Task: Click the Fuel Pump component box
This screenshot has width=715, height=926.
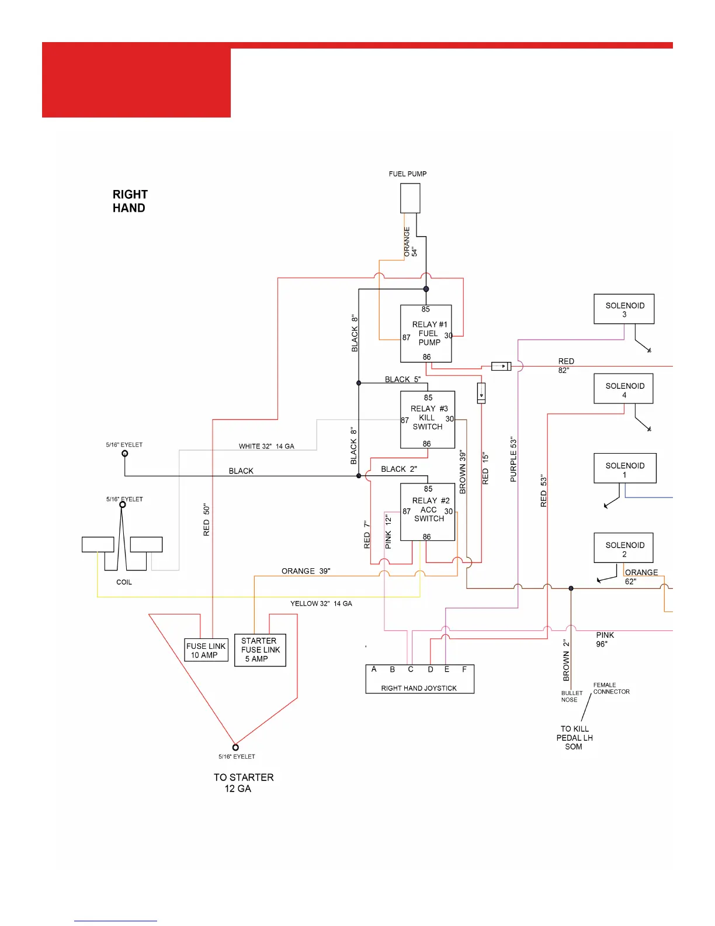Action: [410, 198]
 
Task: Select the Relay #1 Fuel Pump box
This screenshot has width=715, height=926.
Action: [426, 333]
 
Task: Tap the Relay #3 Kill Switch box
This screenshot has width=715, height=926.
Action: [428, 419]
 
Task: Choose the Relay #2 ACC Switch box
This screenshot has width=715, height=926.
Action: [428, 512]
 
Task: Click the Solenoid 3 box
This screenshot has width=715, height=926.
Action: [624, 309]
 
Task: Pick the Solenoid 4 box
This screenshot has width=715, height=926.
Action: [623, 389]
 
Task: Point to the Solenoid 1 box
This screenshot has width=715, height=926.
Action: [624, 468]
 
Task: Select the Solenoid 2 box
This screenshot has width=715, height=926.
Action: [623, 548]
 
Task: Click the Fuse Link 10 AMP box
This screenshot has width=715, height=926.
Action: [206, 650]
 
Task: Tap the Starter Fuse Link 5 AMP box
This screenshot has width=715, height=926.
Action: [260, 650]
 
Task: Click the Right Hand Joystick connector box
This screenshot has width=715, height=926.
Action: [419, 679]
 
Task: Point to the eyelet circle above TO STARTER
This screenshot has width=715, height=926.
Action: [235, 747]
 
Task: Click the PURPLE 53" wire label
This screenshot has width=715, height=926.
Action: [513, 459]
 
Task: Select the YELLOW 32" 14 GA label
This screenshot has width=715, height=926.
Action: [321, 603]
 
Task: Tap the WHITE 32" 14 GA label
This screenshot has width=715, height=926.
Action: [266, 446]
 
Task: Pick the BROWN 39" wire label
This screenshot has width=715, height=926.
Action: [463, 472]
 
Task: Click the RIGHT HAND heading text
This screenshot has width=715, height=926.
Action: [130, 201]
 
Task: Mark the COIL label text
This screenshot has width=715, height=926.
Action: [124, 582]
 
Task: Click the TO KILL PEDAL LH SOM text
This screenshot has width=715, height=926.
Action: [574, 738]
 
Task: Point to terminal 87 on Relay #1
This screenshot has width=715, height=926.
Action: [406, 337]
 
